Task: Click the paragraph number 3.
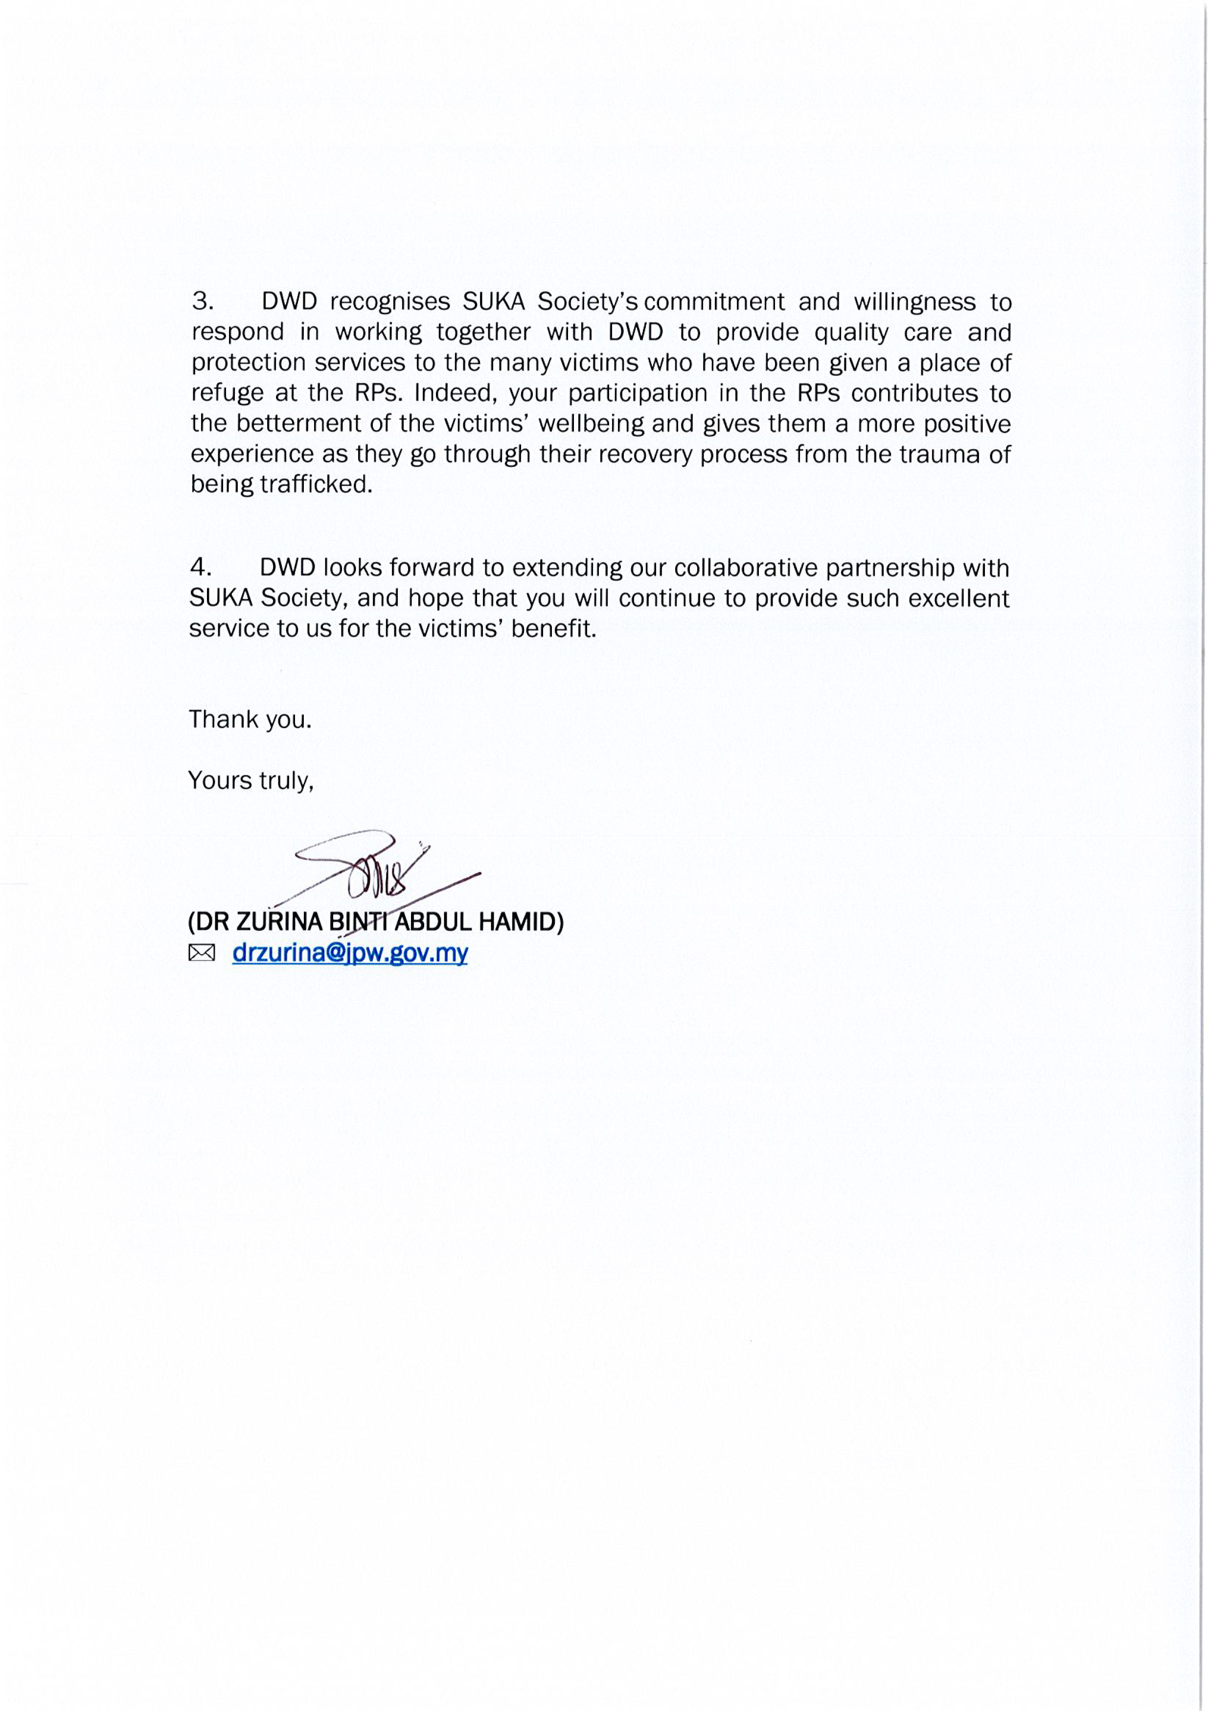click(x=203, y=302)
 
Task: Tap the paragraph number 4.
click(x=201, y=568)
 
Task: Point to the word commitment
click(x=714, y=302)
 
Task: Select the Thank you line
click(x=250, y=720)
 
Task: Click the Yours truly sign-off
click(x=251, y=780)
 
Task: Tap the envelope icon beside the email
click(x=201, y=953)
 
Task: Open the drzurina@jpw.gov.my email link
click(x=349, y=953)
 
